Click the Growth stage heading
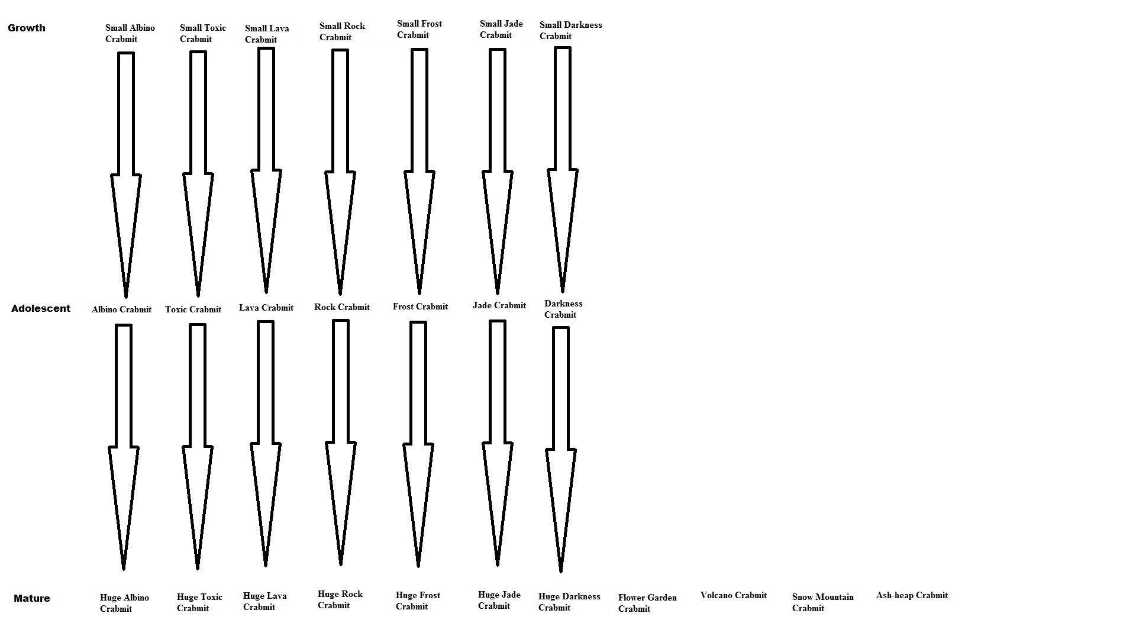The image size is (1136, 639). pos(27,28)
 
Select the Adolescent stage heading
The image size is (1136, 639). pos(41,308)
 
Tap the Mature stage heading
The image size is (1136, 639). pos(32,598)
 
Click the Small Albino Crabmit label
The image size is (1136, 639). pos(130,34)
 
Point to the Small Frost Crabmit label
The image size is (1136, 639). pos(419,30)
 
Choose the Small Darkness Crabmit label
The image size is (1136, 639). pos(570,31)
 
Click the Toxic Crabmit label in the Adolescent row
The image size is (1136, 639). pos(193,309)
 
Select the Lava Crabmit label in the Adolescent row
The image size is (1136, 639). pos(266,308)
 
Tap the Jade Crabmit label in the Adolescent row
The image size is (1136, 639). pos(499,305)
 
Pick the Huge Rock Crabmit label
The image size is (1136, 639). pos(340,599)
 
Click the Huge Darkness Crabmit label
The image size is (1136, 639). pos(569,602)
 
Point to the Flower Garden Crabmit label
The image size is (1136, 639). pos(647,603)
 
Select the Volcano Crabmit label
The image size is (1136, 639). pos(733,595)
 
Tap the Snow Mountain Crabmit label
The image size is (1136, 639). pos(822,602)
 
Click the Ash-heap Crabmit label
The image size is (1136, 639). pos(912,595)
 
